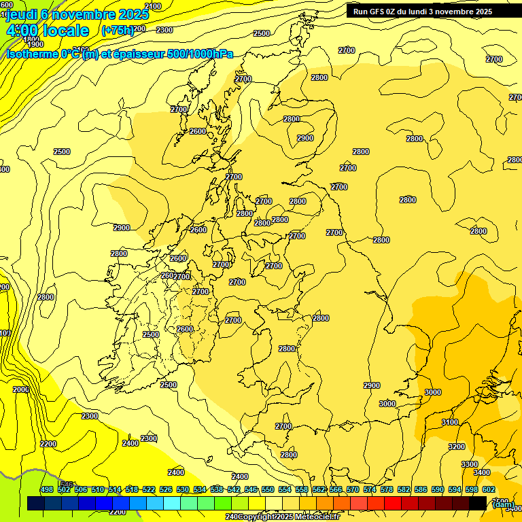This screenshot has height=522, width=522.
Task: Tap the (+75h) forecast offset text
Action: click(118, 30)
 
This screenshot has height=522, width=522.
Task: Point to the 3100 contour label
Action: click(450, 422)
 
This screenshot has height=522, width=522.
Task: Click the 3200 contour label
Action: click(457, 447)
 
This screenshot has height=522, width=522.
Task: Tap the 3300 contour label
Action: click(470, 464)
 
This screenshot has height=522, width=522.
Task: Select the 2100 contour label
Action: click(153, 6)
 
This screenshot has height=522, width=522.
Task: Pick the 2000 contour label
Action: click(21, 389)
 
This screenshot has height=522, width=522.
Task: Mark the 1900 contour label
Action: click(35, 44)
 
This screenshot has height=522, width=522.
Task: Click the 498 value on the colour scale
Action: click(47, 489)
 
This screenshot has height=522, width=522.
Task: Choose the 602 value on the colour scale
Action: click(488, 489)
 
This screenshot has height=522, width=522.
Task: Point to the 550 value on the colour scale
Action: click(268, 489)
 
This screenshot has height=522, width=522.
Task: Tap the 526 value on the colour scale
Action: click(165, 489)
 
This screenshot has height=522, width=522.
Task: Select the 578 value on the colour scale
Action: click(386, 489)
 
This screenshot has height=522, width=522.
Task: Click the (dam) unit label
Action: click(502, 504)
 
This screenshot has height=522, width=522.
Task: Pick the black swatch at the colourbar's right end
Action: click(478, 503)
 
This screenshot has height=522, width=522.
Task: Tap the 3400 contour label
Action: click(481, 472)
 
